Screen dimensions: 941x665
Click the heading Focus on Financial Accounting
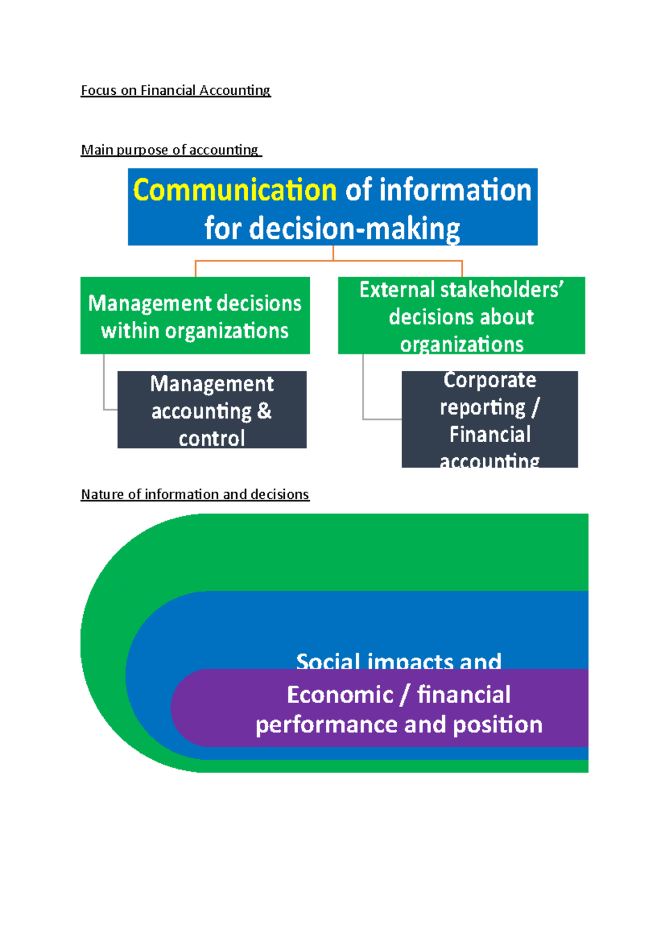pyautogui.click(x=176, y=90)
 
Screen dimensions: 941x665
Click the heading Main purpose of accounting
pyautogui.click(x=170, y=150)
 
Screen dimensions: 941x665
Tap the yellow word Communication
pyautogui.click(x=235, y=191)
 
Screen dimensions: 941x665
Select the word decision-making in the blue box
pyautogui.click(x=355, y=228)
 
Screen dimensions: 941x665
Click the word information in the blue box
pyautogui.click(x=455, y=191)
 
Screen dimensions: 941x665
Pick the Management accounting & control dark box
pyautogui.click(x=212, y=410)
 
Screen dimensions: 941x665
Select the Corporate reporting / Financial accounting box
pyautogui.click(x=489, y=420)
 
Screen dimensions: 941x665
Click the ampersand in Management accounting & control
pyautogui.click(x=264, y=411)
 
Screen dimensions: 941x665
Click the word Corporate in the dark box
pyautogui.click(x=489, y=380)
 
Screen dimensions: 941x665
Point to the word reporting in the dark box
pyautogui.click(x=482, y=408)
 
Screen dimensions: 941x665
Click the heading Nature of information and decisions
pyautogui.click(x=195, y=494)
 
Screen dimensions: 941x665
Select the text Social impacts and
pyautogui.click(x=398, y=661)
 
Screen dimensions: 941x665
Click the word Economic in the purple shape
pyautogui.click(x=340, y=695)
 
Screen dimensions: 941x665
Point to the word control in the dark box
pyautogui.click(x=212, y=439)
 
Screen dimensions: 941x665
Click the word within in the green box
pyautogui.click(x=130, y=331)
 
